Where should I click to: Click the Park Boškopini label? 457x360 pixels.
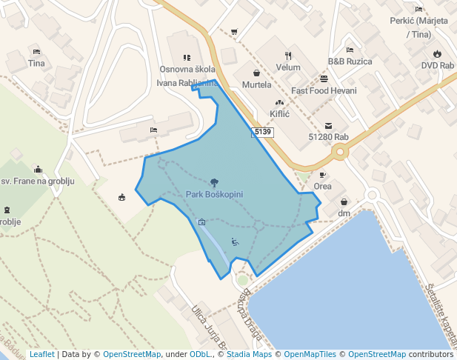[214, 194]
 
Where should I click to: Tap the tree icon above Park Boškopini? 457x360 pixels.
[214, 182]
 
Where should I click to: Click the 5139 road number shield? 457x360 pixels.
[262, 133]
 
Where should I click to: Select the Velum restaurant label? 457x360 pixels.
[288, 67]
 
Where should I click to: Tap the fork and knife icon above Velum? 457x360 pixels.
[288, 56]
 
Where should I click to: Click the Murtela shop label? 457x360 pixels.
[256, 85]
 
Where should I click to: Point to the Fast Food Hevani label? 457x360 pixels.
[324, 90]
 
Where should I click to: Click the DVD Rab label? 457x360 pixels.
[437, 65]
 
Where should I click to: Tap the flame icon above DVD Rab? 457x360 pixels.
[437, 53]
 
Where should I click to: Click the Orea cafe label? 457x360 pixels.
[322, 186]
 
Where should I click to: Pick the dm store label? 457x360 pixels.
[344, 213]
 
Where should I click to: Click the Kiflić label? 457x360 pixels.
[279, 114]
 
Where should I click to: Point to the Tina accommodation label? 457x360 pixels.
[36, 63]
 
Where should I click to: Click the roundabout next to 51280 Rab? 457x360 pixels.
[340, 153]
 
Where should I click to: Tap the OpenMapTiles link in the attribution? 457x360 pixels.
[304, 354]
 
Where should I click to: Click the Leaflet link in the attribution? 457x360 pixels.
[42, 354]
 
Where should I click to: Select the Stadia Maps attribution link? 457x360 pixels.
[249, 354]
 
